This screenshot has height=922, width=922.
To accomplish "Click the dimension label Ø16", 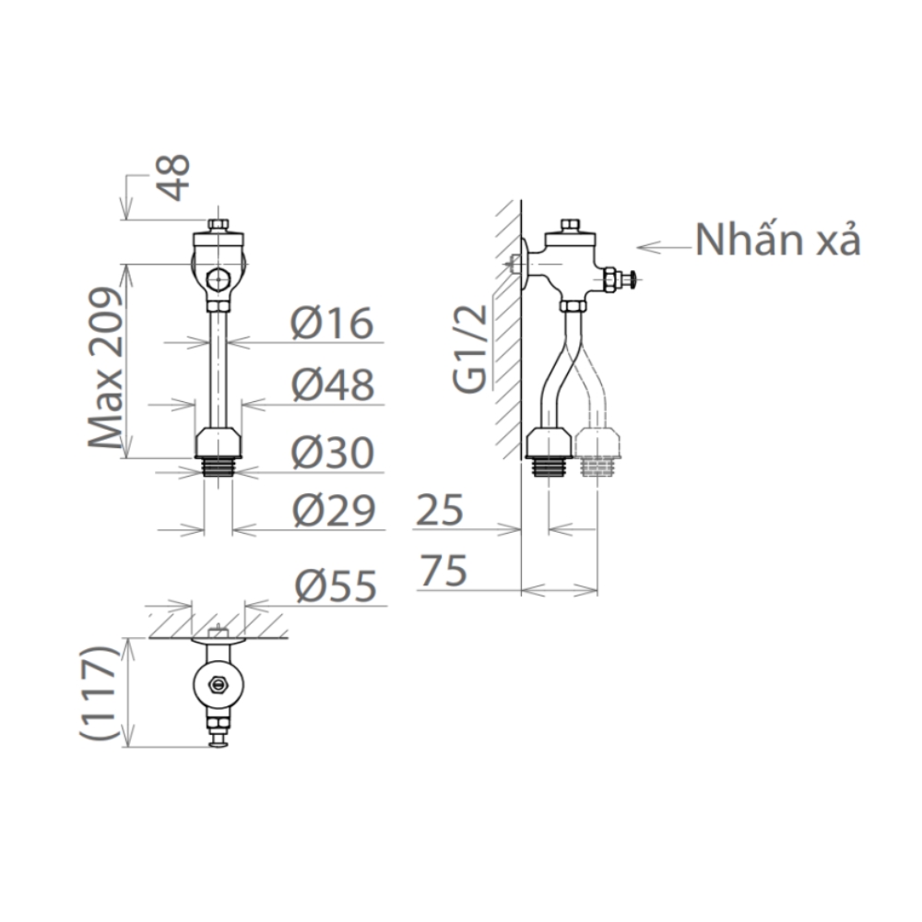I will point(333,324).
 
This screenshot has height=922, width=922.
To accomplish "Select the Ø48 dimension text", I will point(333,385).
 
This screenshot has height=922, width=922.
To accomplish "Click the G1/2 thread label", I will point(471,350).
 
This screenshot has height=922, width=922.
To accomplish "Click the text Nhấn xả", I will point(778,241).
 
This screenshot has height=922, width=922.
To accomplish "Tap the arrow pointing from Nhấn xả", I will point(664,247).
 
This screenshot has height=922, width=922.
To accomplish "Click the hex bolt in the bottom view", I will point(219,685).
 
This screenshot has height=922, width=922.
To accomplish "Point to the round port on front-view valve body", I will point(218,278).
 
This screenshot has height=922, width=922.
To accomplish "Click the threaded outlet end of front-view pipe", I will point(218,465).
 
